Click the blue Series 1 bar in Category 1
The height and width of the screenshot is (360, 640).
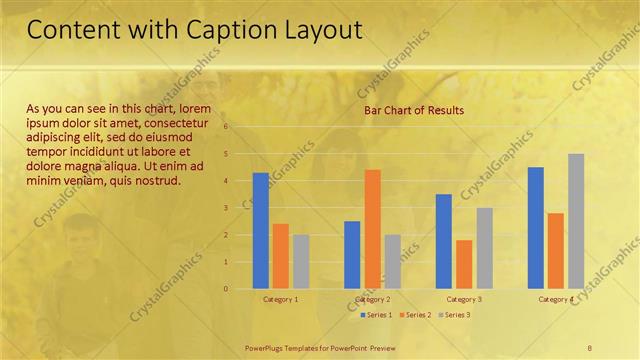(x=260, y=231)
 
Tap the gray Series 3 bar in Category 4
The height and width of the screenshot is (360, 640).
(x=576, y=221)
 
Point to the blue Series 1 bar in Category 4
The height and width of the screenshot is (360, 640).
(x=536, y=228)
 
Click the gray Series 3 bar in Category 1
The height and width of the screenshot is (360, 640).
(x=301, y=262)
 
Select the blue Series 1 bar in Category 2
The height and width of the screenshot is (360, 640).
(x=352, y=255)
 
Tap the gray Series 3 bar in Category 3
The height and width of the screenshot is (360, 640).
(x=484, y=248)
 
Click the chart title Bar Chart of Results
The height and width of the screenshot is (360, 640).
(x=414, y=110)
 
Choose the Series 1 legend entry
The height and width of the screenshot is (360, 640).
(x=376, y=315)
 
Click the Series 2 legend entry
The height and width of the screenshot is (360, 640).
(x=415, y=315)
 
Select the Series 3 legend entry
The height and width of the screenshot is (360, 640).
(x=454, y=315)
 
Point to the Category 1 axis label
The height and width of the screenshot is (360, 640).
(x=280, y=299)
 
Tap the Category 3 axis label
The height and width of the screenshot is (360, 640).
(x=464, y=299)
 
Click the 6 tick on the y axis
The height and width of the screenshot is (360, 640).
(x=227, y=127)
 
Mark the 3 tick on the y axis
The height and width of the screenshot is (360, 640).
(x=227, y=208)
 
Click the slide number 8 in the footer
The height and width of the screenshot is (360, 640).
(x=590, y=346)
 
